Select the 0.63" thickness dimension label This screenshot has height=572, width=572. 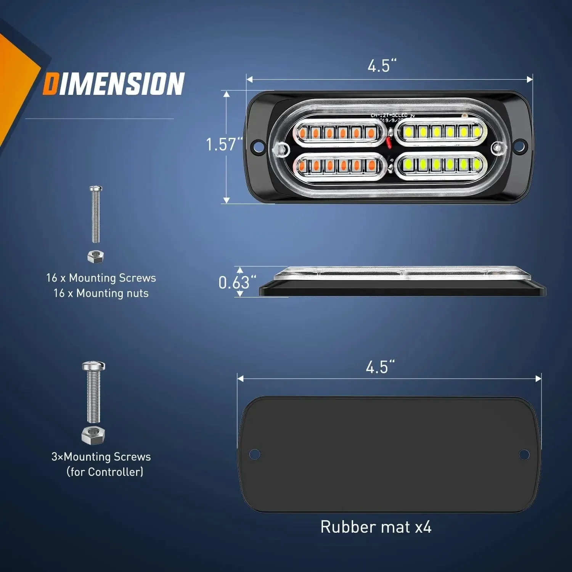point(237,283)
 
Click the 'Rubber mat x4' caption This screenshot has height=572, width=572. point(376,527)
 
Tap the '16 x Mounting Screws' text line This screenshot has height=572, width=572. point(101,278)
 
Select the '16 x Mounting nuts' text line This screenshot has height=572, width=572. point(101,293)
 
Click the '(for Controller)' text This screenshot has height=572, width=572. point(105,472)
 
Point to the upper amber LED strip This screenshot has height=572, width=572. point(337,133)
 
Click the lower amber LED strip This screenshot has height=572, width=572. point(337,165)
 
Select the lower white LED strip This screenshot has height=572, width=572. point(441,165)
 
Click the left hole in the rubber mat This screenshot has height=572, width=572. point(254,454)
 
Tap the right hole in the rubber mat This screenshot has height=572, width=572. point(524,454)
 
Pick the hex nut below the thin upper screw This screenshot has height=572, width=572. point(95,257)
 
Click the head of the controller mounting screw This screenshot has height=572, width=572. point(93,367)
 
